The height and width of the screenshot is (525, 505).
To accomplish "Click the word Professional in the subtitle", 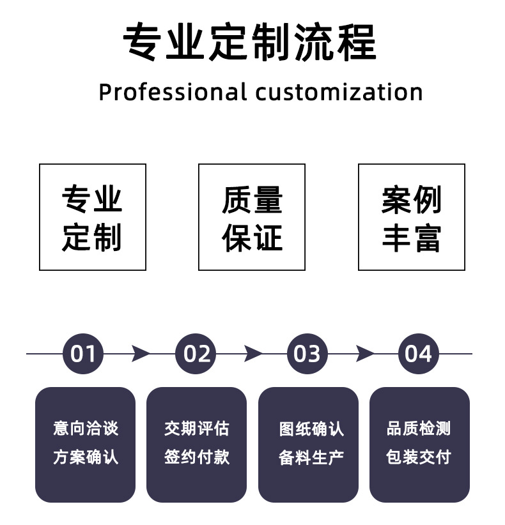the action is pyautogui.click(x=172, y=93).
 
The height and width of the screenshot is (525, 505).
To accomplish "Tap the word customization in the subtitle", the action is pyautogui.click(x=338, y=93).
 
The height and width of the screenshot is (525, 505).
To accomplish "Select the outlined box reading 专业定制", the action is pyautogui.click(x=93, y=217).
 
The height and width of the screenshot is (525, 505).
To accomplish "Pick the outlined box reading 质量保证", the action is pyautogui.click(x=252, y=217).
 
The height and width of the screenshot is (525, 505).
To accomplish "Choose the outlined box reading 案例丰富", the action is pyautogui.click(x=411, y=217).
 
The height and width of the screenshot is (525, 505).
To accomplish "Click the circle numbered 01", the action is pyautogui.click(x=83, y=353).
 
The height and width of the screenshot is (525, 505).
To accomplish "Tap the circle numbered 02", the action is pyautogui.click(x=196, y=353).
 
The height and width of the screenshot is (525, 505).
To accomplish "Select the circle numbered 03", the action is pyautogui.click(x=307, y=353).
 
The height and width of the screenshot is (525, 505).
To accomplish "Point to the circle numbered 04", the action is pyautogui.click(x=419, y=353).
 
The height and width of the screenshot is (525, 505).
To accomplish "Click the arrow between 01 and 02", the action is pyautogui.click(x=140, y=353).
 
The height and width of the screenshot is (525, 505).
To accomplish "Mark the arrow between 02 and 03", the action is pyautogui.click(x=252, y=353).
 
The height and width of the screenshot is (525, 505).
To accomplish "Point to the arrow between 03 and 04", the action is pyautogui.click(x=364, y=353).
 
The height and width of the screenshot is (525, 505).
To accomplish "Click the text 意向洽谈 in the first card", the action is pyautogui.click(x=86, y=428).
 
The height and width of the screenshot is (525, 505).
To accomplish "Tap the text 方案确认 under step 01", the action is pyautogui.click(x=86, y=457).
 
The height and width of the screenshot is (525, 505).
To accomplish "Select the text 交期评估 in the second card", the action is pyautogui.click(x=196, y=428).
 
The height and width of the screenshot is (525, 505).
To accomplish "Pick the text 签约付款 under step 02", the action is pyautogui.click(x=196, y=457).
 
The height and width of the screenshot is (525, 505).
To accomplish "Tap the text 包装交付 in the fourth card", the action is pyautogui.click(x=419, y=457).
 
